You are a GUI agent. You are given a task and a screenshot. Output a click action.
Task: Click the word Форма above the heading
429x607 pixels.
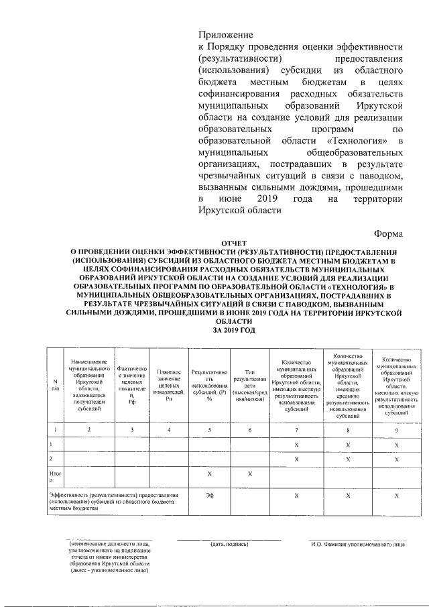click(x=388, y=234)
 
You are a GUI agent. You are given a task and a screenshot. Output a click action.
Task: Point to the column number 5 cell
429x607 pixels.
click(x=208, y=429)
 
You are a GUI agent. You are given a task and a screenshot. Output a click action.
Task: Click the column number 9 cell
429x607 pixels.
click(x=396, y=429)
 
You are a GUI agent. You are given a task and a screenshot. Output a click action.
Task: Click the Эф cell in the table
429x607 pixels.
click(x=208, y=495)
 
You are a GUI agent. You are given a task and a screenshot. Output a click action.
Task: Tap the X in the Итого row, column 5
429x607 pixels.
click(x=208, y=474)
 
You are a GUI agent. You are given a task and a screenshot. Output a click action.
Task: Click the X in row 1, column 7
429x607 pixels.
click(x=296, y=444)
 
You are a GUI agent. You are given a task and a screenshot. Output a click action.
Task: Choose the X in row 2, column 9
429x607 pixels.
click(x=396, y=458)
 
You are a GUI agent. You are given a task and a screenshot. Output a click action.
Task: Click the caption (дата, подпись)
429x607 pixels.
click(x=229, y=544)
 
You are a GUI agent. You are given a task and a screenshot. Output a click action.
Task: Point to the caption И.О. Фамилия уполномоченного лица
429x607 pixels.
click(x=358, y=544)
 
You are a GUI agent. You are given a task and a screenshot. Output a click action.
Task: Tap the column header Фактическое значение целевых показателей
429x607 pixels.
click(x=131, y=384)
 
